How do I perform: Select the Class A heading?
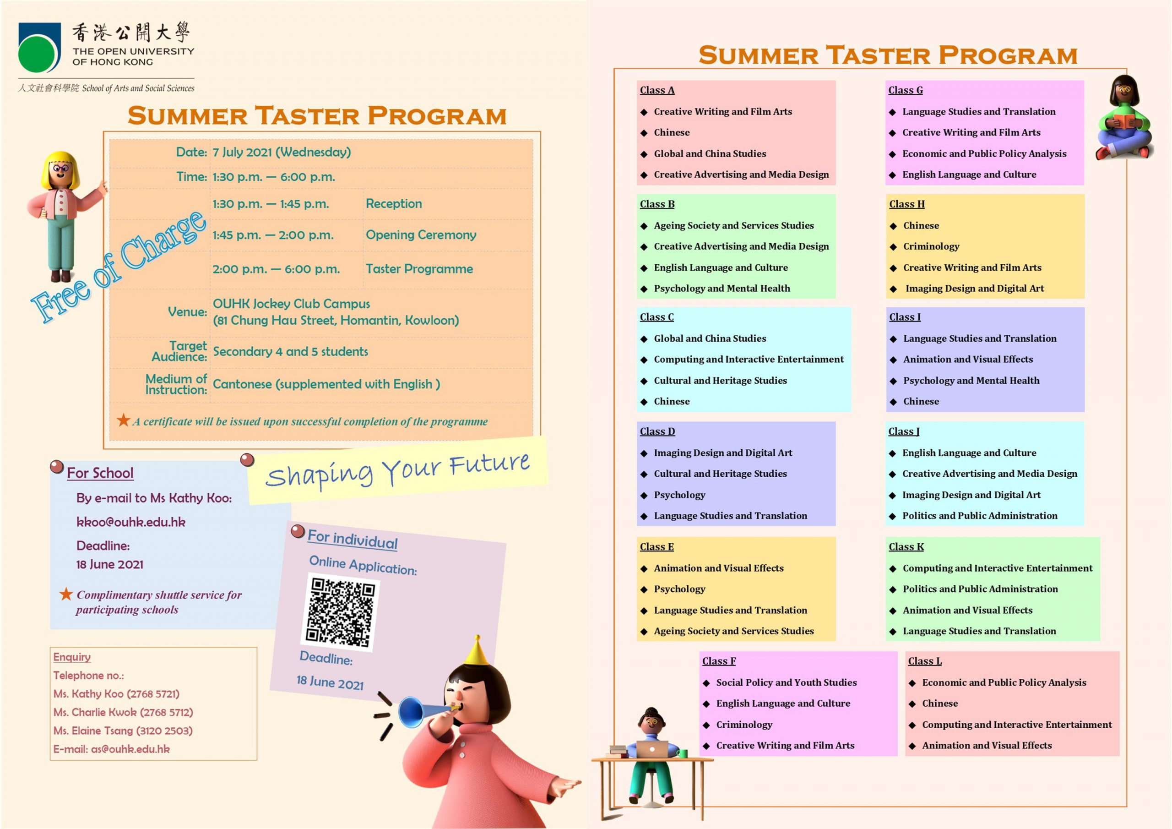[x=657, y=90]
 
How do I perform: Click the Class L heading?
[x=924, y=661]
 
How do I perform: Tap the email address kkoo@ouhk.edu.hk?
[x=130, y=522]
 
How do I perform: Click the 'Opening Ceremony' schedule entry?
[x=421, y=235]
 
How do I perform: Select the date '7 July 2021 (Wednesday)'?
[x=282, y=152]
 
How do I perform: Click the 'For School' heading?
[x=100, y=473]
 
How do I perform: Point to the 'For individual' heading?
[x=352, y=540]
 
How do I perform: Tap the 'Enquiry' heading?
[x=72, y=657]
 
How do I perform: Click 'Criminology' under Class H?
[x=931, y=246]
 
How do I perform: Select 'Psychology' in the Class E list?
[x=679, y=589]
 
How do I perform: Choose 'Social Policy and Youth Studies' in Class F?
[x=786, y=682]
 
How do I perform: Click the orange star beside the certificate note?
[x=123, y=420]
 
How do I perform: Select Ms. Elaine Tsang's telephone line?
[x=123, y=731]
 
